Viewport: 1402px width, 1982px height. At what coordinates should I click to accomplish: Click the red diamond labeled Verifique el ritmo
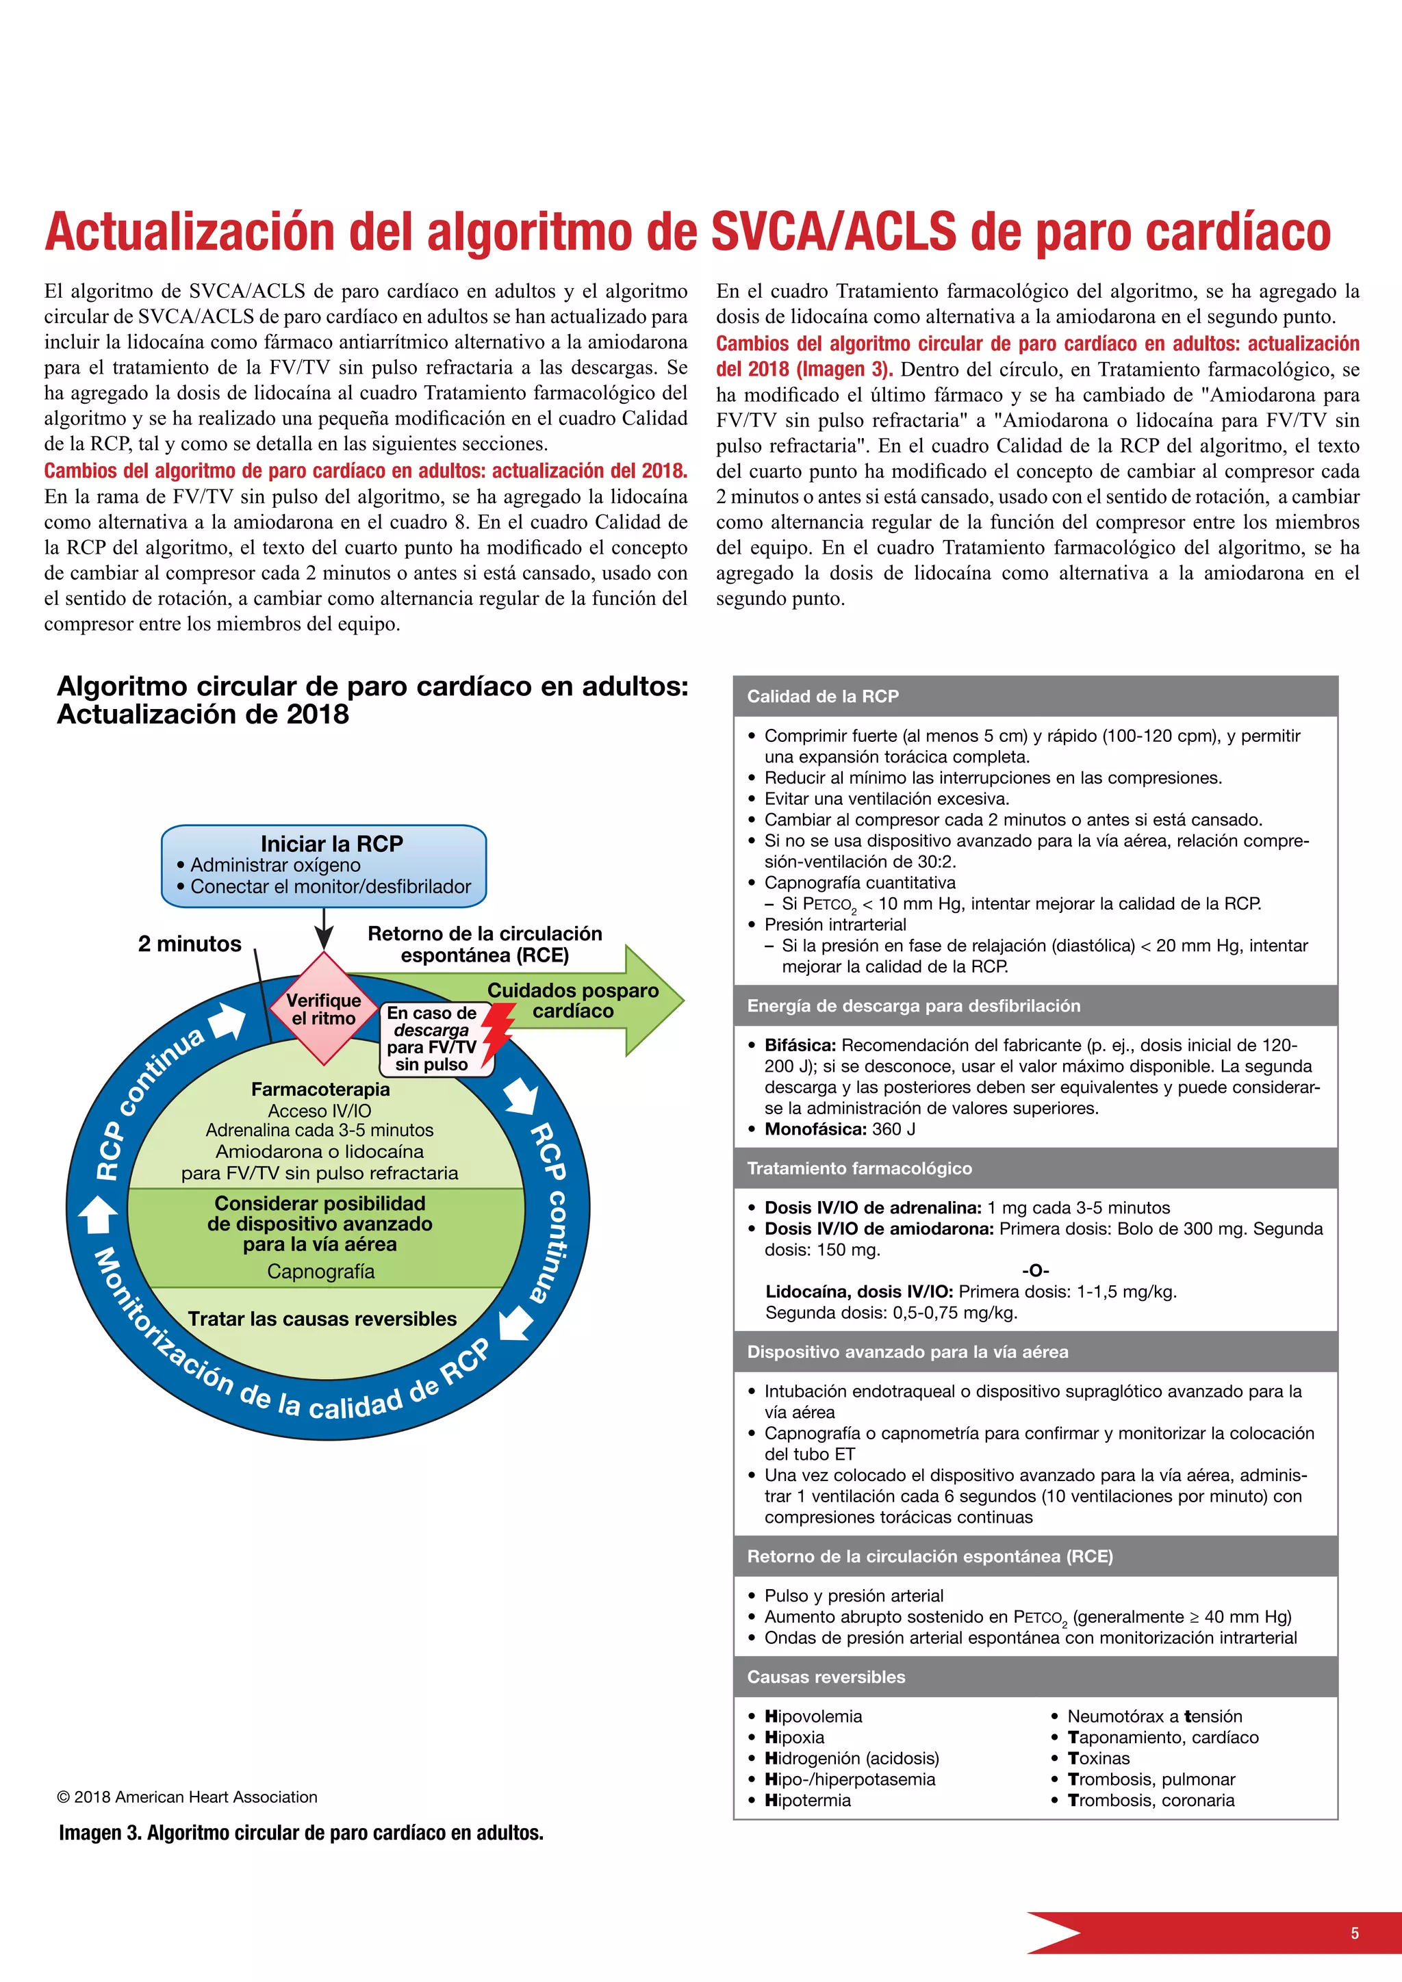324,1008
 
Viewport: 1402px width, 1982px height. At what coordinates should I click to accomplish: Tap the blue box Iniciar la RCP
324,865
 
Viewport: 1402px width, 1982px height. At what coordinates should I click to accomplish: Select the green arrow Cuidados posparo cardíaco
573,1001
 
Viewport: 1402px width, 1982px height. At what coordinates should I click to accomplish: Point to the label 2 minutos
189,944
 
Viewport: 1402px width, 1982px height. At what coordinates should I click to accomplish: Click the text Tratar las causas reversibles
322,1318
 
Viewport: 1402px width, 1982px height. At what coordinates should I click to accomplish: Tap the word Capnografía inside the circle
320,1271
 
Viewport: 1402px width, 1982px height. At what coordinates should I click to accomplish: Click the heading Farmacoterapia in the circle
320,1090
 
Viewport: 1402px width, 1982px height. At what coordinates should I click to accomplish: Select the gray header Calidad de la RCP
823,697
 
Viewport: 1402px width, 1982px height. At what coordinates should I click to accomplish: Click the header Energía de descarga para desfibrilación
913,1005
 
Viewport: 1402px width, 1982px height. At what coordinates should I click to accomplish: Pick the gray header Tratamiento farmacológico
859,1168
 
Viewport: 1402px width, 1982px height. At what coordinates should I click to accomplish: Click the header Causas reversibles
826,1676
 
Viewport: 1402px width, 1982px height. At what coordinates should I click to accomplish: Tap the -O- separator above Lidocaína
1035,1270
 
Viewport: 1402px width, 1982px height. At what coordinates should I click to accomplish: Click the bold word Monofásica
815,1129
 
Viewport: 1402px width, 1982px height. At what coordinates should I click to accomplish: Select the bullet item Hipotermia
807,1800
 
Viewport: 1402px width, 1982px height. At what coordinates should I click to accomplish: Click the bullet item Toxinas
1098,1758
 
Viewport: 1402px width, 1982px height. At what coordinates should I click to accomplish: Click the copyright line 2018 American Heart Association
188,1797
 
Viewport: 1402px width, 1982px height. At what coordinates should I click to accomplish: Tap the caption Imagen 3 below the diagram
301,1833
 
